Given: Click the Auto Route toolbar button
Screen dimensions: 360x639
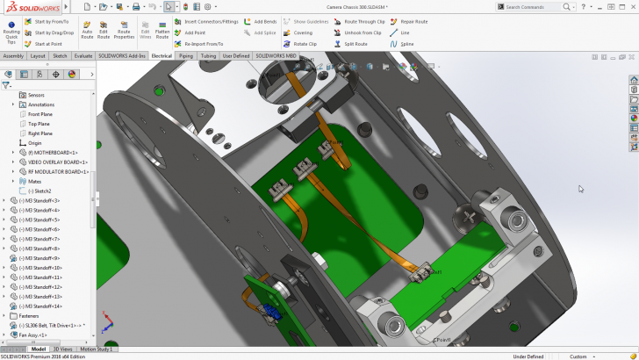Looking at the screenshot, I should point(87,29).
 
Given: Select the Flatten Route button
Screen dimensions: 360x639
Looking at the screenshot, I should point(162,29).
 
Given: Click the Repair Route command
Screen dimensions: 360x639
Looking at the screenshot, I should point(413,21).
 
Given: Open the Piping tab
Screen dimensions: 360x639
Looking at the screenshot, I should point(186,55).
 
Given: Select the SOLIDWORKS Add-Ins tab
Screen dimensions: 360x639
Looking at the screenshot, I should point(122,55).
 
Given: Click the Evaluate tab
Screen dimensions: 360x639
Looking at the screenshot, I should point(83,55).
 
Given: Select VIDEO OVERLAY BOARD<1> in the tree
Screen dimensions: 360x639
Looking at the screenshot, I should point(58,162).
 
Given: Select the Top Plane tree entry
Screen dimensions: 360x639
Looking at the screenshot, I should point(39,124).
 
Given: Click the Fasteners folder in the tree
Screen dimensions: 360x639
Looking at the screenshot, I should point(29,315).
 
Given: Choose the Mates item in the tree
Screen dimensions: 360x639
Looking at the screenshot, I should point(36,181).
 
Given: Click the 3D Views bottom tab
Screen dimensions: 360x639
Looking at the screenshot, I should point(62,349).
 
